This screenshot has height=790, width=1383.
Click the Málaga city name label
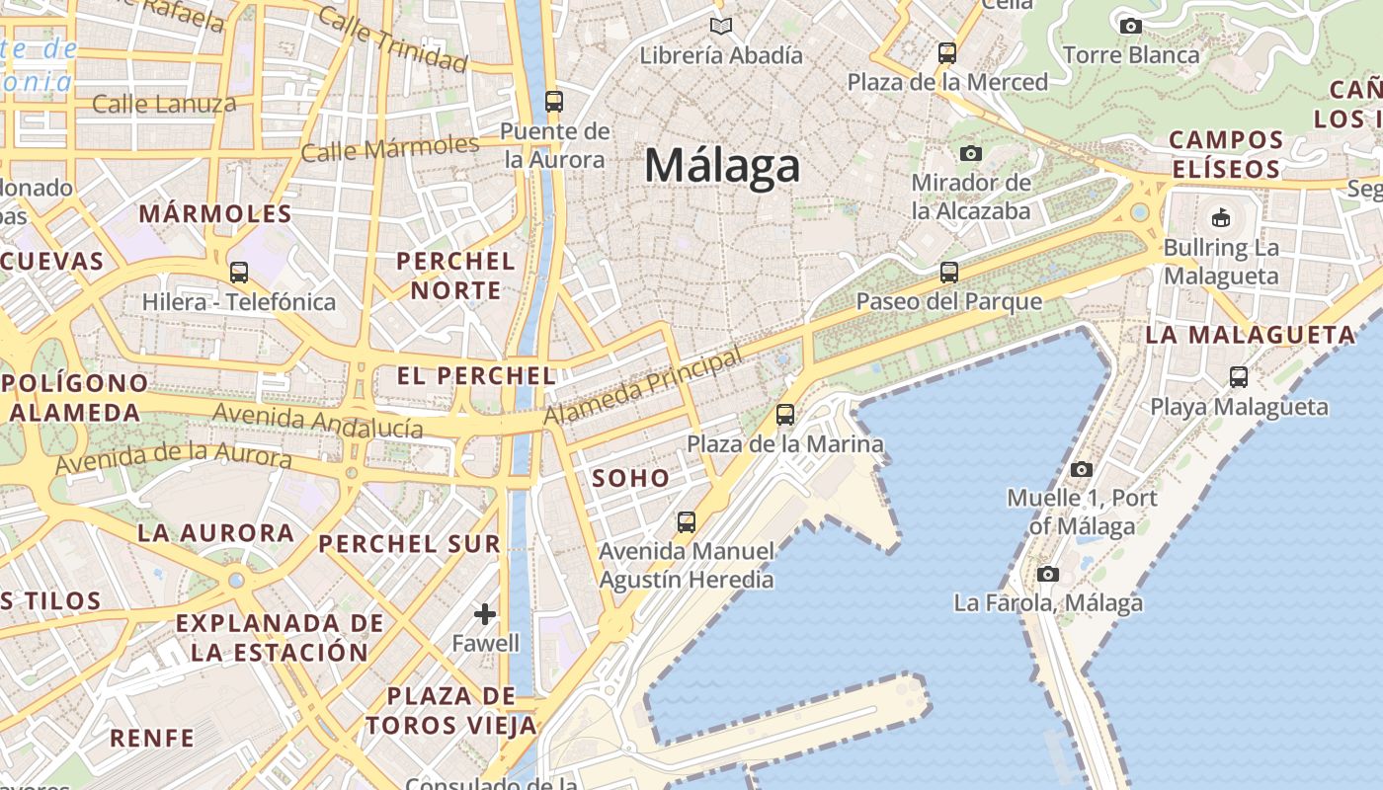pos(722,165)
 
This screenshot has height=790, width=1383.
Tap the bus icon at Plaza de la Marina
pos(785,414)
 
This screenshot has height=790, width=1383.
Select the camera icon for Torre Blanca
pos(1131,26)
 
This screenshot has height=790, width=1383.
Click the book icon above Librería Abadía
pos(721,26)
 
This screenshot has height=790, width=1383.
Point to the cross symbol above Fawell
pos(485,614)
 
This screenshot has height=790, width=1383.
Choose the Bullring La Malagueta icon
pos(1221,217)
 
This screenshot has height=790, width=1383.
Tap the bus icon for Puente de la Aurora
pos(554,101)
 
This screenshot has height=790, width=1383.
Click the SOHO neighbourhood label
pos(630,478)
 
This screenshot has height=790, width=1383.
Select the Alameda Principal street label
pos(642,386)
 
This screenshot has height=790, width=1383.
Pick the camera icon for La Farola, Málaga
pos(1048,574)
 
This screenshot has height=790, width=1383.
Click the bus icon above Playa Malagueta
pos(1239,376)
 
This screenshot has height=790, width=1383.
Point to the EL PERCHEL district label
pos(476,375)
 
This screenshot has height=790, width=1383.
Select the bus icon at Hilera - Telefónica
pos(238,273)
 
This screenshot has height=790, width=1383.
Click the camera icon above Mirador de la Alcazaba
pos(971,153)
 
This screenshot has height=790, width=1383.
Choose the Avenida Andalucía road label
pos(318,421)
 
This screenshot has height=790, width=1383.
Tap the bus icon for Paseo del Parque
pos(949,272)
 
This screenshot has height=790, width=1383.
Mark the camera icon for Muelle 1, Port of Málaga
pos(1082,469)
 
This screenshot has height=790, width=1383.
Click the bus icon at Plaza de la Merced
pos(947,52)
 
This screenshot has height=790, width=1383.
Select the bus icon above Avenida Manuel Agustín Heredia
pos(687,521)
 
